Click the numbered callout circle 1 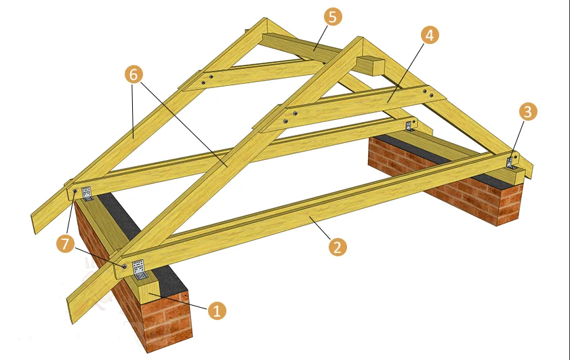pyautogui.click(x=217, y=311)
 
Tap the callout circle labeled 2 pyautogui.click(x=338, y=247)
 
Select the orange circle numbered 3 pyautogui.click(x=528, y=111)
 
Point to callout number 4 pyautogui.click(x=430, y=35)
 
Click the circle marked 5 pyautogui.click(x=333, y=17)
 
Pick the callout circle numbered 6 pyautogui.click(x=134, y=75)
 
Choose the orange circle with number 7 pyautogui.click(x=66, y=243)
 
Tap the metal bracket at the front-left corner pyautogui.click(x=138, y=269)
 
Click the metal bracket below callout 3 pyautogui.click(x=511, y=162)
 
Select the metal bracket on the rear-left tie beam pyautogui.click(x=87, y=193)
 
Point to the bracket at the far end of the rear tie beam pyautogui.click(x=409, y=125)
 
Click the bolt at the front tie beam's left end pyautogui.click(x=124, y=266)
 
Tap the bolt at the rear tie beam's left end pyautogui.click(x=75, y=191)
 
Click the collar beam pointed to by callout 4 pyautogui.click(x=352, y=108)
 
